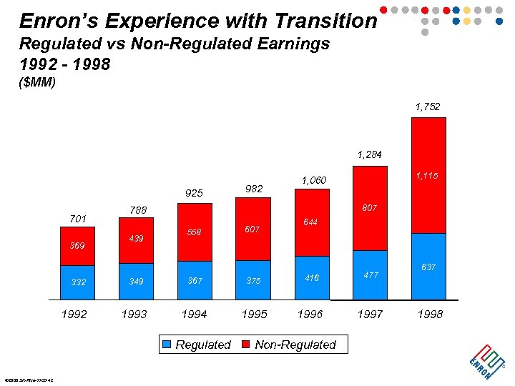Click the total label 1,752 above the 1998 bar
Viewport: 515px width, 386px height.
428,107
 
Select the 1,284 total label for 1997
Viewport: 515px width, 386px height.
370,154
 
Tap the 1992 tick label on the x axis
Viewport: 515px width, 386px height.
74,314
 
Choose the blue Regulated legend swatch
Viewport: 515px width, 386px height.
167,345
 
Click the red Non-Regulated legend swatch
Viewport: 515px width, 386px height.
246,345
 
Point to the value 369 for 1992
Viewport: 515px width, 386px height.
77,246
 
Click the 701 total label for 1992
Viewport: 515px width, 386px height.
77,219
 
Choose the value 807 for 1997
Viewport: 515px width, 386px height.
370,208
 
